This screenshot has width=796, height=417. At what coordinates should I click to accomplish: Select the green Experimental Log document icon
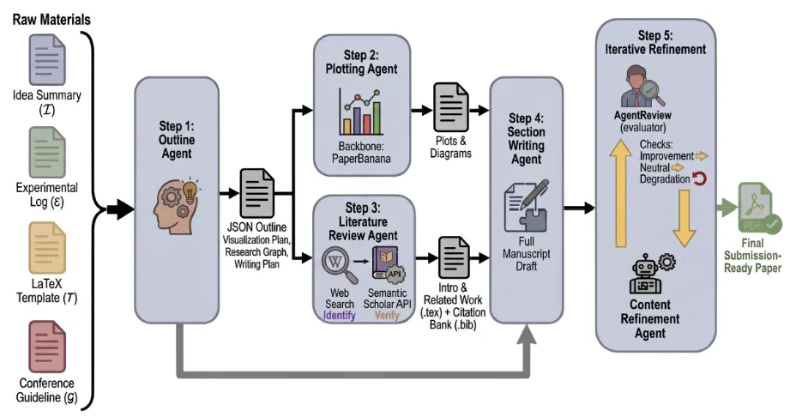[47, 153]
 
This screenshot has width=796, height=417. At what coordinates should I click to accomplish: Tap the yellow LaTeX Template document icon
[47, 248]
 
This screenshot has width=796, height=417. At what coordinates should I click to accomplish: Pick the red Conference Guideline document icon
[47, 347]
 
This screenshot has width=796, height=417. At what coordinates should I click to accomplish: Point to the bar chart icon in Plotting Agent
[361, 112]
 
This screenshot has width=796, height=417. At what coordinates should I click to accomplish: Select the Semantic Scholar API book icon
[389, 264]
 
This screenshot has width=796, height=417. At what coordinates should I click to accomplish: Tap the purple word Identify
[339, 316]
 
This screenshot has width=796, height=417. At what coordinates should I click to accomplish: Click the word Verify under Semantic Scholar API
[387, 316]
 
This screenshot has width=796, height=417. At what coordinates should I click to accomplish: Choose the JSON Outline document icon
[256, 193]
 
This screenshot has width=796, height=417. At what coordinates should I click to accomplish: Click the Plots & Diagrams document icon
[451, 107]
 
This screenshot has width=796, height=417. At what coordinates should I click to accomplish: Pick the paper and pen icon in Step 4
[526, 205]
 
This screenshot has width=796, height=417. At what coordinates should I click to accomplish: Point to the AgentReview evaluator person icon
[641, 86]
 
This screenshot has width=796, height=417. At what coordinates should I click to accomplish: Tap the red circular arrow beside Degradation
[700, 178]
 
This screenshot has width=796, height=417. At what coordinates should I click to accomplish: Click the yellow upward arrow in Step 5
[620, 194]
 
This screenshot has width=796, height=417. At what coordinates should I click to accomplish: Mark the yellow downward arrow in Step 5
[684, 218]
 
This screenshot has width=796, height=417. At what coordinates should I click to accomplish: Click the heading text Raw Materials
[51, 20]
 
